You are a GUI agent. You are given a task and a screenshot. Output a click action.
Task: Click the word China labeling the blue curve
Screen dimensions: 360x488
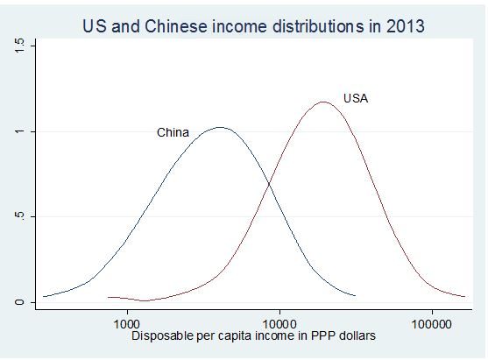[x=173, y=133]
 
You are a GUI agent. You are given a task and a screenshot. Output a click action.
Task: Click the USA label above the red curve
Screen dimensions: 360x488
[x=355, y=98]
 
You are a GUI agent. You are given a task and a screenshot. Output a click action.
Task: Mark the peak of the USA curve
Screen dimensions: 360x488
[x=324, y=102]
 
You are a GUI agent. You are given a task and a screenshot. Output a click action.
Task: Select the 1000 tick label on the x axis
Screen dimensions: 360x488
[x=127, y=323]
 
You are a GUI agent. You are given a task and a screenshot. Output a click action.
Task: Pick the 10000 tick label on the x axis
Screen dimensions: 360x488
[x=279, y=323]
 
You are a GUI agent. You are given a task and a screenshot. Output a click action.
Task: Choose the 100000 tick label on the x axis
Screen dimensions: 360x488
[x=431, y=323]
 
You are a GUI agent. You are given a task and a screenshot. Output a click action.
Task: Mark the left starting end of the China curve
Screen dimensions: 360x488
[x=44, y=296]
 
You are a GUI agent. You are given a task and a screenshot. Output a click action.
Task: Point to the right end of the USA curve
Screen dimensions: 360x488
[x=465, y=296]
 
